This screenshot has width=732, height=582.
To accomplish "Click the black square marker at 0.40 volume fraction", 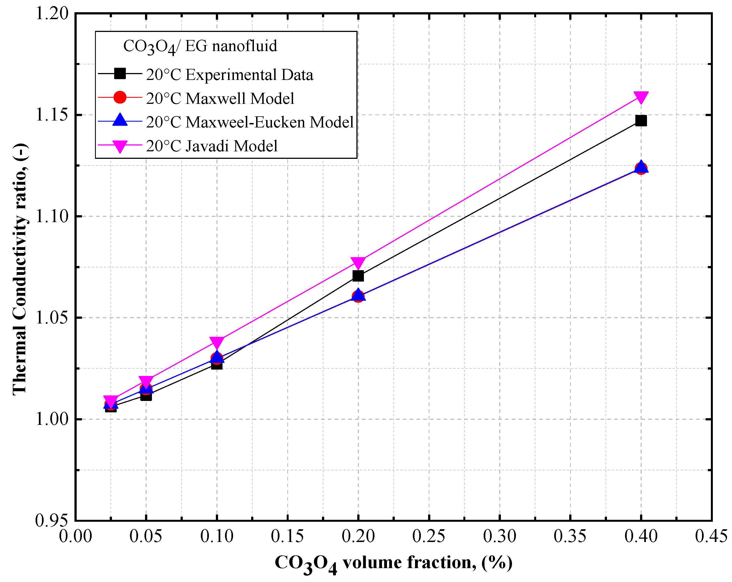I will [x=641, y=121].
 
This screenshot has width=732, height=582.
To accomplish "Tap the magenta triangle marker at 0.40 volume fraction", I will [x=641, y=97].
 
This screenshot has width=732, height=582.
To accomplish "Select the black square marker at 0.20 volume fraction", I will [x=358, y=276].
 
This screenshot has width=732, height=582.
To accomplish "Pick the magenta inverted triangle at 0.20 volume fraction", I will [x=358, y=262].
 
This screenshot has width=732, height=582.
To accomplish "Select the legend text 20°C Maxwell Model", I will [x=220, y=98].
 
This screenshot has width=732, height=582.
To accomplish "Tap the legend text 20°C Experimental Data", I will [x=229, y=75].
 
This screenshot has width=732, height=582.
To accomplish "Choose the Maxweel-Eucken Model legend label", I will [x=250, y=122].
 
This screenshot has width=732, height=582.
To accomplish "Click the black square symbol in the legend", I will [x=120, y=73].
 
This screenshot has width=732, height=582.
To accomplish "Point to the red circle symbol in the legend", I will [x=120, y=97].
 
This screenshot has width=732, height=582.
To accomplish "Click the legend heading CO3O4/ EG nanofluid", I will [x=200, y=46].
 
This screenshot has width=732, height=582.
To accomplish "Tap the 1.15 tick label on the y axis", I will [x=52, y=115].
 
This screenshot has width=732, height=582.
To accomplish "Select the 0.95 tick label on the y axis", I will [x=52, y=521].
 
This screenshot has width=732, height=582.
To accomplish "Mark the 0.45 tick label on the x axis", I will [x=711, y=536].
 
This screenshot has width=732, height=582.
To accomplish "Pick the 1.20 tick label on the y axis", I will [x=52, y=14].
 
